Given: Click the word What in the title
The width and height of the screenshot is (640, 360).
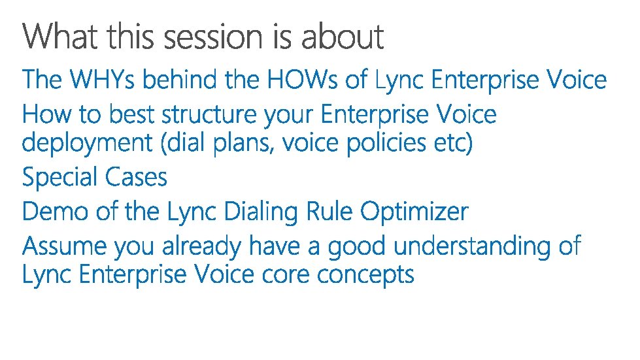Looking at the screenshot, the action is point(60,37).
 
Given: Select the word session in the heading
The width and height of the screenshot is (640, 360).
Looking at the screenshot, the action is point(214,37).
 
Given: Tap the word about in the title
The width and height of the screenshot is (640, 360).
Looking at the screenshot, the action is point(343,37).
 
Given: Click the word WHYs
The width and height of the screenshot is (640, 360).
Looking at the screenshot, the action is point(102,78).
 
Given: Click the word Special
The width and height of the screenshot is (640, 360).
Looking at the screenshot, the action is point(60,178).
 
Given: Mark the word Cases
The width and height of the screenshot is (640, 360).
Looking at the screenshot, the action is point(136,177).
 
